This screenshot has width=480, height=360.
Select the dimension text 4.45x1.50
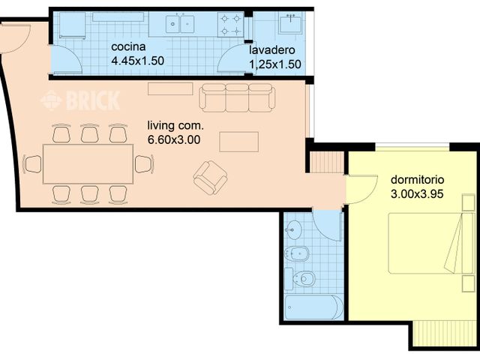[137, 60]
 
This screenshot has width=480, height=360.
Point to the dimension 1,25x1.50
[274, 64]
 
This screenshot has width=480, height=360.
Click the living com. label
[175, 125]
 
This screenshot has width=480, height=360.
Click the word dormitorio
[418, 180]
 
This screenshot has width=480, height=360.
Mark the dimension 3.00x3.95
[416, 193]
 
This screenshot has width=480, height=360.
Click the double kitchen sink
[180, 24]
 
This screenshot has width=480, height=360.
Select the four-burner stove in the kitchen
[230, 25]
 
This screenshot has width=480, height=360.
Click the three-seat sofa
[236, 97]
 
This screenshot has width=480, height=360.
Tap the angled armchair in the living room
[210, 178]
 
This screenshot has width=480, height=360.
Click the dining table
[88, 163]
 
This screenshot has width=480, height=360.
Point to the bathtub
[313, 307]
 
